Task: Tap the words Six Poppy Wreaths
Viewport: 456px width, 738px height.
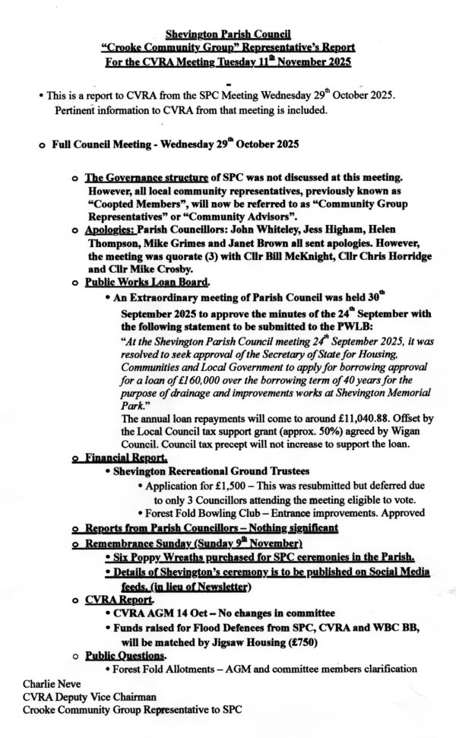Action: [158, 557]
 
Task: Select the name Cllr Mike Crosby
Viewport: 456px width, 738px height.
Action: [146, 268]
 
